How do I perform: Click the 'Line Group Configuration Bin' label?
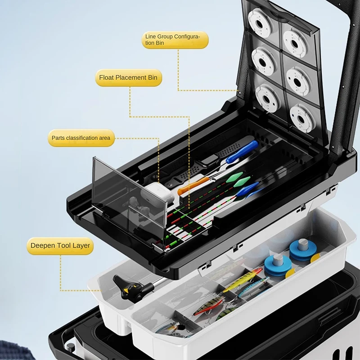tap(175, 40)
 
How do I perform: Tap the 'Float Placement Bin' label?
tap(128, 77)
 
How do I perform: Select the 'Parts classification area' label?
tap(81, 138)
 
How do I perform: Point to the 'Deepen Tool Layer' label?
tap(60, 246)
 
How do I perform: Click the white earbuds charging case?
tap(157, 193)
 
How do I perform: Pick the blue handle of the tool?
tap(243, 151)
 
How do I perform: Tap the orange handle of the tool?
tap(190, 186)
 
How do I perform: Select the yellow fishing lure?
tap(243, 279)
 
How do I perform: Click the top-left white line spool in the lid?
tap(260, 22)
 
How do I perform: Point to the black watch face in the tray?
tap(209, 160)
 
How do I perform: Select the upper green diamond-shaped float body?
tap(234, 177)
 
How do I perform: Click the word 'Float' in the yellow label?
tap(106, 77)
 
